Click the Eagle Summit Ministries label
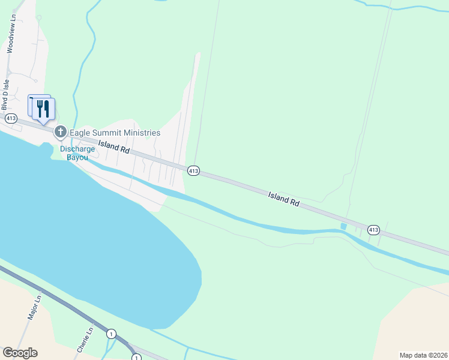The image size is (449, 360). pyautogui.click(x=115, y=133)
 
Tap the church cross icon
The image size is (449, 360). pyautogui.click(x=60, y=132)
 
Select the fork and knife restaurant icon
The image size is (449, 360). pyautogui.click(x=43, y=109)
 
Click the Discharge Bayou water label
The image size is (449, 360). pyautogui.click(x=77, y=153)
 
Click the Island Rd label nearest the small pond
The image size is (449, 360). pyautogui.click(x=283, y=199)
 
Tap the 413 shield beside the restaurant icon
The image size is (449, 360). pyautogui.click(x=11, y=118)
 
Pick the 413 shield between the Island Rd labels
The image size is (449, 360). pyautogui.click(x=193, y=171)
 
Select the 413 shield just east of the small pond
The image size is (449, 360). pyautogui.click(x=373, y=230)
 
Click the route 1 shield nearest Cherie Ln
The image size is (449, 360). pyautogui.click(x=111, y=333)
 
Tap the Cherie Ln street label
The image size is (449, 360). pyautogui.click(x=84, y=340)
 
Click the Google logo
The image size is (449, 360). pyautogui.click(x=20, y=353)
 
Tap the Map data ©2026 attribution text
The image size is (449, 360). pyautogui.click(x=423, y=355)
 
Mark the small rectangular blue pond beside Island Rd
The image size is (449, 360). pyautogui.click(x=343, y=226)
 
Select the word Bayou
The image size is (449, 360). pyautogui.click(x=77, y=157)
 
